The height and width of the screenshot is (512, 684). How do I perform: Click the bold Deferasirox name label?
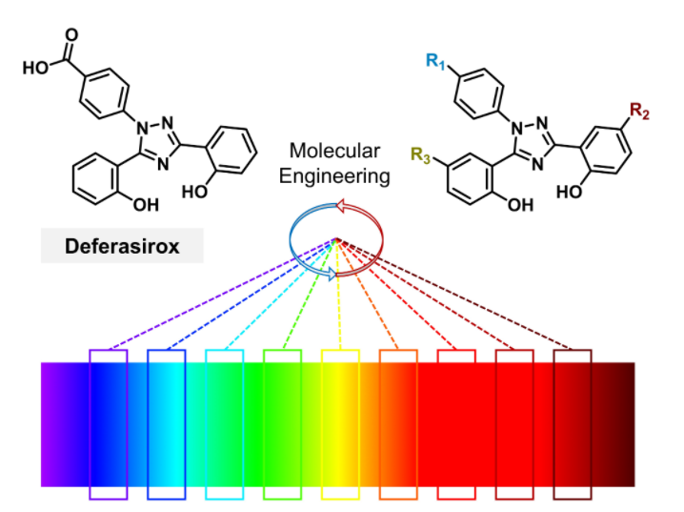tap(122, 247)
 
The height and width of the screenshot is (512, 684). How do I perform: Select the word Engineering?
tap(340, 175)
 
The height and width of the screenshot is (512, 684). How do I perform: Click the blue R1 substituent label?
tap(437, 64)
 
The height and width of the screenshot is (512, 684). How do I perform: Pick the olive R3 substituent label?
tap(420, 152)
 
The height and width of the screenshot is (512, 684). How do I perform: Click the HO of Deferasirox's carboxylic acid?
tap(33, 68)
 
